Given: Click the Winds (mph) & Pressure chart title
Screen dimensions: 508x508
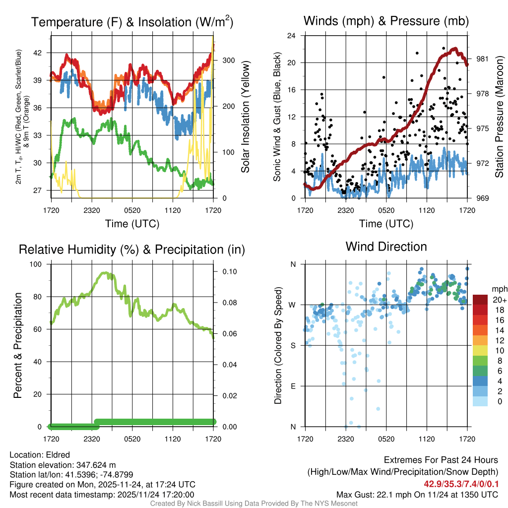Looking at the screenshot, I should pyautogui.click(x=386, y=21).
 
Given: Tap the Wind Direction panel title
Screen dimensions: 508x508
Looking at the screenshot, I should pyautogui.click(x=386, y=247).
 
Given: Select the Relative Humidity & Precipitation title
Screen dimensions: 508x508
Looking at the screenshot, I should pyautogui.click(x=131, y=250).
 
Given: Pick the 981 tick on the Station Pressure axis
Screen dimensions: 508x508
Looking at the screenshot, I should pyautogui.click(x=482, y=59).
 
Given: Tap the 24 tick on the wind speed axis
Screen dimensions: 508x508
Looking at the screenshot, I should pyautogui.click(x=292, y=36).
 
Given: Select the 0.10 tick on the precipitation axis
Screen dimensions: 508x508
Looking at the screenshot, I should pyautogui.click(x=229, y=272).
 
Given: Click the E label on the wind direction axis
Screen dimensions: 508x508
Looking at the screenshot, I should pyautogui.click(x=293, y=386).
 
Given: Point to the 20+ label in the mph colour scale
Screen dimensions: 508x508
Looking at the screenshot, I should pyautogui.click(x=499, y=300).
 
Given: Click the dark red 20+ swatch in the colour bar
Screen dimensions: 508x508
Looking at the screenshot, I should pyautogui.click(x=480, y=300).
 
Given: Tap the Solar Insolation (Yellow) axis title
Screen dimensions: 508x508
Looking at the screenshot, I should pyautogui.click(x=246, y=117).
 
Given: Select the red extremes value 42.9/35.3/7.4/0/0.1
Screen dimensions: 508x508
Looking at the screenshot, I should pyautogui.click(x=461, y=484).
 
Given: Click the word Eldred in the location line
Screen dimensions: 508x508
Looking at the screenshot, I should pyautogui.click(x=57, y=455).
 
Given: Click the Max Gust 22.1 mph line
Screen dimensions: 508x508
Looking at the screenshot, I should pyautogui.click(x=417, y=495).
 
